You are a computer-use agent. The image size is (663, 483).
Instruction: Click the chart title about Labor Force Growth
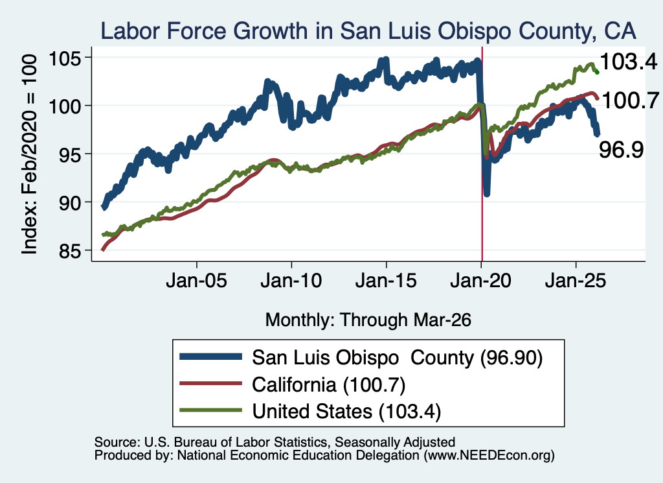[368, 31]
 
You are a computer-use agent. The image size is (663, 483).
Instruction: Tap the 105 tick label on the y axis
[64, 58]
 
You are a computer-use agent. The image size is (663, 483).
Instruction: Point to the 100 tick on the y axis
[64, 106]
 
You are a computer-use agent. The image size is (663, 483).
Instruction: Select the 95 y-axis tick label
[69, 154]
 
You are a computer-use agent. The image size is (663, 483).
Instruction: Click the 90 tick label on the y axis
[69, 203]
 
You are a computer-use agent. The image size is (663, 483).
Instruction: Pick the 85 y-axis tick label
[69, 251]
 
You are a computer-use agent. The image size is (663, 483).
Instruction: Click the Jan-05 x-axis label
[197, 281]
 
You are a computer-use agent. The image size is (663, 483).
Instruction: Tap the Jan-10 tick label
[291, 281]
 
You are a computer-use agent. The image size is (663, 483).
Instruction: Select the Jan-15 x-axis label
[386, 281]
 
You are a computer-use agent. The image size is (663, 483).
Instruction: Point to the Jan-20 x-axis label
[481, 281]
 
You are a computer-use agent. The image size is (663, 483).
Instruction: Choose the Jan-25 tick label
[576, 281]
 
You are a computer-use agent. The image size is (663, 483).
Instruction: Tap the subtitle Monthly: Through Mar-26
[368, 320]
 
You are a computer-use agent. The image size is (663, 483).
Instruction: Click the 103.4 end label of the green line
[629, 62]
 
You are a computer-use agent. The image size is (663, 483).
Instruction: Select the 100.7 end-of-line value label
[630, 100]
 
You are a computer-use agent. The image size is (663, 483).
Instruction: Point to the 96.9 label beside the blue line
[621, 149]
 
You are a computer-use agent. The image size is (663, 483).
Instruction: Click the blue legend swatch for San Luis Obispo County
[210, 357]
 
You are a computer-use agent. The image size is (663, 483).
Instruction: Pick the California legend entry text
[328, 384]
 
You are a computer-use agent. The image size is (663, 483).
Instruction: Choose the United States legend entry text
[346, 411]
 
